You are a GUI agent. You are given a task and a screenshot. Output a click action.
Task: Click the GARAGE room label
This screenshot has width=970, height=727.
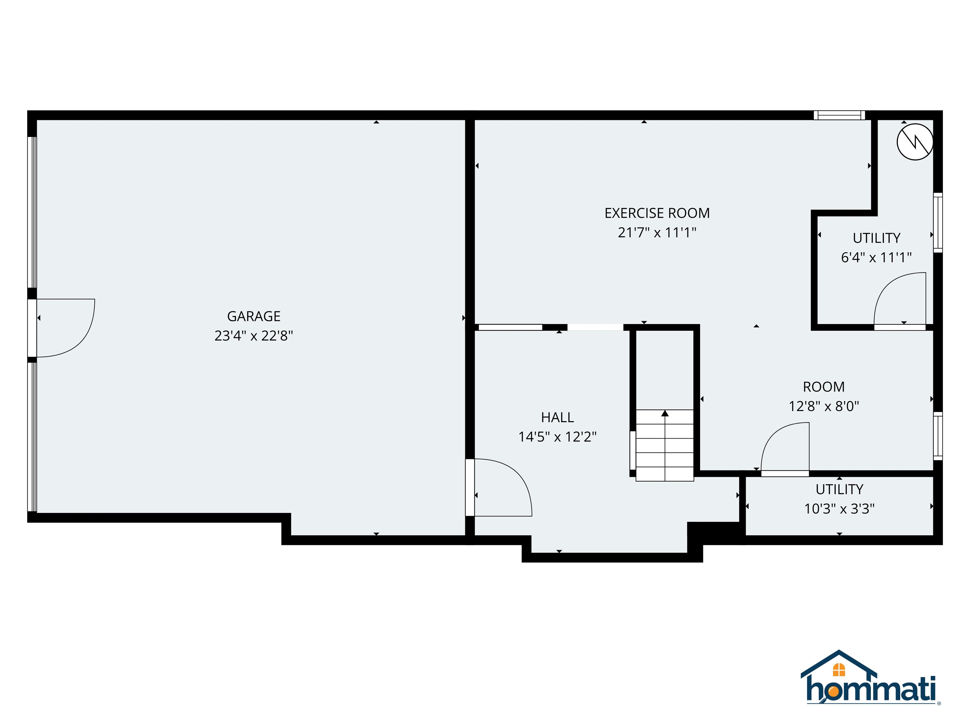254,316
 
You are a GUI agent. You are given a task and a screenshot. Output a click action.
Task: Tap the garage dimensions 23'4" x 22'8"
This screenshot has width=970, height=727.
254,336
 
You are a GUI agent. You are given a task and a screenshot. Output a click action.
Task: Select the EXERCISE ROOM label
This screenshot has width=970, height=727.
657,213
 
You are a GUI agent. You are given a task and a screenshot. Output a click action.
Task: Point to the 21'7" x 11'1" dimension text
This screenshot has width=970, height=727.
657,232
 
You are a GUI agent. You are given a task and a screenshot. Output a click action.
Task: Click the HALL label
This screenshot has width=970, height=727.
557,417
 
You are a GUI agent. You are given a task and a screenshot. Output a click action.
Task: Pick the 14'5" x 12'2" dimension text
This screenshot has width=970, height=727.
557,437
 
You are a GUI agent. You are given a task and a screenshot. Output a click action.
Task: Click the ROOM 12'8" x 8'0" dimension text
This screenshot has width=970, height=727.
823,406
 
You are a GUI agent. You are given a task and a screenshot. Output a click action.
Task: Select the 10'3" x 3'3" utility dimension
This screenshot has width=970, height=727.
839,508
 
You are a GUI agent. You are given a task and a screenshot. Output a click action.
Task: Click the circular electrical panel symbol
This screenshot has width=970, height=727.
915,142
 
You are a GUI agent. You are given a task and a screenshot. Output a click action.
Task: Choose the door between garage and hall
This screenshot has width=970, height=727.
500,487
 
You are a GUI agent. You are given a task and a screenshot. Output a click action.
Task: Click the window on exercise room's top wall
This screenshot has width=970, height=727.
839,115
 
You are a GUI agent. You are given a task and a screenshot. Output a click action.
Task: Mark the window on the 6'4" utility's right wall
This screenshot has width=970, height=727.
937,223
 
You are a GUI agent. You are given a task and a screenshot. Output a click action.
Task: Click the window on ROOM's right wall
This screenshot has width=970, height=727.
937,436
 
